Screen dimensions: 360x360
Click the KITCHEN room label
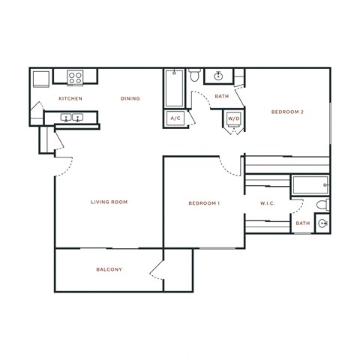tap(70, 99)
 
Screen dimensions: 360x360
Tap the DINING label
tap(130, 99)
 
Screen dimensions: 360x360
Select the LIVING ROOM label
tap(109, 202)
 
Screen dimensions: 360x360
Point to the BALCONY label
tap(109, 269)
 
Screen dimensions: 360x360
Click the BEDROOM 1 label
tap(203, 203)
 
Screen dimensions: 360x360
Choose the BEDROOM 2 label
tap(287, 112)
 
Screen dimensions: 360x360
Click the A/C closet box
tap(175, 118)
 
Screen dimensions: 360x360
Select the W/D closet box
tap(233, 118)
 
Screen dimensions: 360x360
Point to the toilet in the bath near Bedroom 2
tap(194, 76)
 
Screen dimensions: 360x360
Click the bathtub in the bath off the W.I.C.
tap(309, 184)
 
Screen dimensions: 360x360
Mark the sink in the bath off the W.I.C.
tap(322, 223)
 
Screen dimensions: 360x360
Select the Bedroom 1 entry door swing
tap(227, 166)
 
